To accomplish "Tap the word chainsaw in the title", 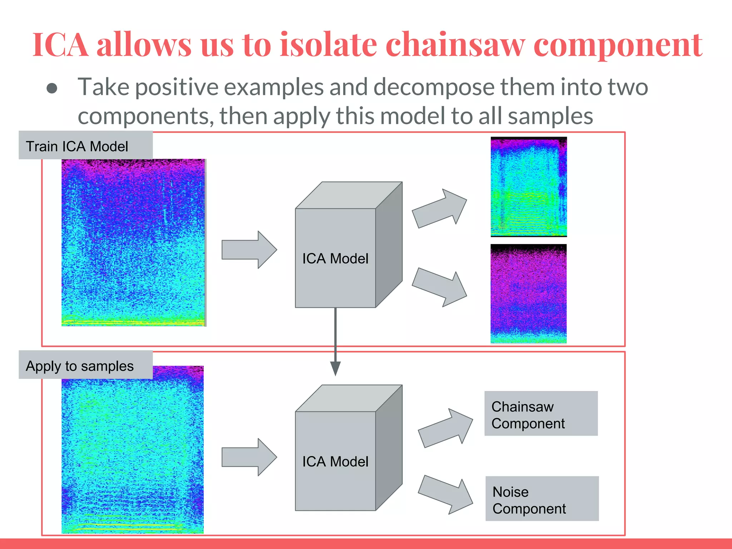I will [x=455, y=45].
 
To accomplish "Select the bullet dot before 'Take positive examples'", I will [x=52, y=89].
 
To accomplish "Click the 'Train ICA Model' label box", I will [x=85, y=145].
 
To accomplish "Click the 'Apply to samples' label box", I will [x=85, y=365].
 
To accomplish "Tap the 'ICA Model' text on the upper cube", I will [x=335, y=258].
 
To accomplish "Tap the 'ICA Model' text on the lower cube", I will [x=335, y=461].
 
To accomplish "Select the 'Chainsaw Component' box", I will [x=540, y=414].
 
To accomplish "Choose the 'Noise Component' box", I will [x=541, y=499].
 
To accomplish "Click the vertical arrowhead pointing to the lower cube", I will [x=335, y=368].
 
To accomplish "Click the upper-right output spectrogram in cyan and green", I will [x=529, y=187].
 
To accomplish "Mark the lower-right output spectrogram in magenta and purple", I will [x=528, y=294].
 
